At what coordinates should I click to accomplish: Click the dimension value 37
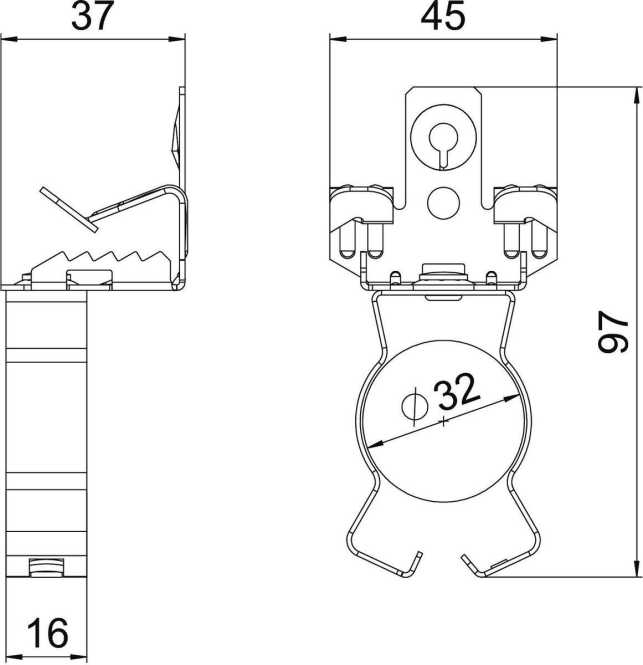coord(93,17)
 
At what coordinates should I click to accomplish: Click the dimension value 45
coord(442,17)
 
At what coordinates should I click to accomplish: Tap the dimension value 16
coord(45,633)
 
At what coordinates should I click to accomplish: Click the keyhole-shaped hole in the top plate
coord(442,141)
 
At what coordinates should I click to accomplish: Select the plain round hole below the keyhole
coord(441,203)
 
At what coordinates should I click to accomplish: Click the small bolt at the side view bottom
coord(44,568)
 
